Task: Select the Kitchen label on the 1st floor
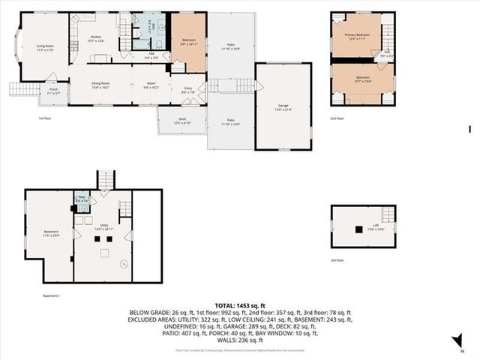pos(96,37)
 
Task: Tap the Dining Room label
pos(100,85)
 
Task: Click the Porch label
pos(54,91)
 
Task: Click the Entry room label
pos(188,90)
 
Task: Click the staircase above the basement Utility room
pos(106,180)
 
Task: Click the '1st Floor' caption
pos(45,118)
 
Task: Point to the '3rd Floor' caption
pos(337,260)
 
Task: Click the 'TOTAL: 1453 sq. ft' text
pos(239,306)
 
